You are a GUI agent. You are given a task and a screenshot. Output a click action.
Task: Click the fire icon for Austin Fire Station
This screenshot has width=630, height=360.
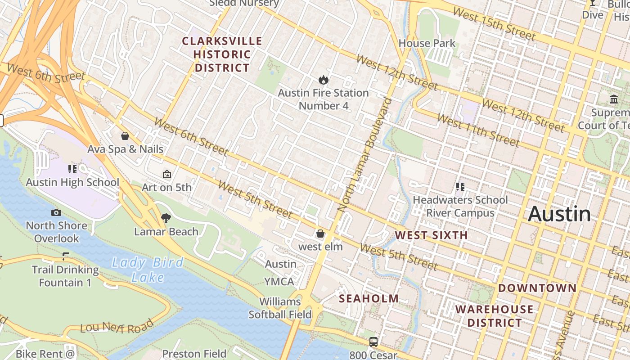tap(323, 80)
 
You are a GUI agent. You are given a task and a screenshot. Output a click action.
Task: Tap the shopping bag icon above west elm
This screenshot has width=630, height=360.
tap(320, 234)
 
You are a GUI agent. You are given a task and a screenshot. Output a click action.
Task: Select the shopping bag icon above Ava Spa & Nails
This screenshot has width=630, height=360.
tap(125, 136)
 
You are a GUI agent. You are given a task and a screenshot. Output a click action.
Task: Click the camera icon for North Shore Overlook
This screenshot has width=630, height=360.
tap(56, 212)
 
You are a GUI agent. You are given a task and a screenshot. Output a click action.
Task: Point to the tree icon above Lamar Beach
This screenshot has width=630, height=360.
tap(166, 219)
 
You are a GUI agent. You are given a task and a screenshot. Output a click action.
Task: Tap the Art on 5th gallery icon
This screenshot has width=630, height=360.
tap(166, 174)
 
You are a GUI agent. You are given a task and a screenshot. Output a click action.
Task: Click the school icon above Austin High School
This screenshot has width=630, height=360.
tap(72, 169)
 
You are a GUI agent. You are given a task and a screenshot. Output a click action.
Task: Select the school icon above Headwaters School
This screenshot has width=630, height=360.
tap(460, 186)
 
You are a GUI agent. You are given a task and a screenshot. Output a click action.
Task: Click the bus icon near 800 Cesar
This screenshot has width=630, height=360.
tap(373, 342)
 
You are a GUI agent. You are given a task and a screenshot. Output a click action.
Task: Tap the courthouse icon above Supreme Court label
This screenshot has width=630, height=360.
tap(614, 99)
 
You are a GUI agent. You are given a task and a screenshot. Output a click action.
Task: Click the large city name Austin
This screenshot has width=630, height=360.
tap(559, 214)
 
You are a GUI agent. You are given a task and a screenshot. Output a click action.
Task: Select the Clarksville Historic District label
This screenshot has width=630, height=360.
tap(222, 54)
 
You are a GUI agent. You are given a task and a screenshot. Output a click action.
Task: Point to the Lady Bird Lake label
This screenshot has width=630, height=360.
tap(148, 270)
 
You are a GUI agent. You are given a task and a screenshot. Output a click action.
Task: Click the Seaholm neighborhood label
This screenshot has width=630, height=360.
tap(369, 298)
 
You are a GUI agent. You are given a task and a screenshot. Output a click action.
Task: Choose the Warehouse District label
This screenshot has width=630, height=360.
tap(494, 316)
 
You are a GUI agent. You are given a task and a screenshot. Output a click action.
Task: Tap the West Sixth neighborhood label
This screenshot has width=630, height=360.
tap(431, 235)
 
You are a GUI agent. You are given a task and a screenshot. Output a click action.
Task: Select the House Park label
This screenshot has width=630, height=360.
tap(427, 44)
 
